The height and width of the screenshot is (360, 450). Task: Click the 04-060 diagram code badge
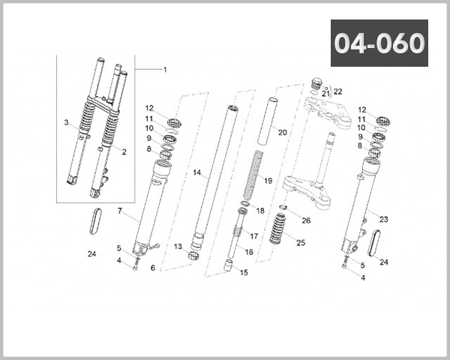[x=379, y=43]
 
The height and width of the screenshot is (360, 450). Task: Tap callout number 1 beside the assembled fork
[x=165, y=69]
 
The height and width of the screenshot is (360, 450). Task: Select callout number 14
[x=197, y=173]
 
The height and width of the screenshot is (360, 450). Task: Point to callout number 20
[x=283, y=133]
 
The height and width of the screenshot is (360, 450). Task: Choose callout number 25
[x=301, y=242]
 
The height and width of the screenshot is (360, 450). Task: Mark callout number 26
[x=305, y=220]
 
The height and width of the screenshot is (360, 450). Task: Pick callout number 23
[x=383, y=220]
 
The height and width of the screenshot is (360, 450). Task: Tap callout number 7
[x=119, y=211]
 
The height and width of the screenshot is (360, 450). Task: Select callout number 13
[x=178, y=247]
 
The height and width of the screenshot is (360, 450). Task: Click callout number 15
[x=243, y=272]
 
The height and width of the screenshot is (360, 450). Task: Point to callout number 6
[x=152, y=268]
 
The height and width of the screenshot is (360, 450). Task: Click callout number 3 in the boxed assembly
[x=66, y=122]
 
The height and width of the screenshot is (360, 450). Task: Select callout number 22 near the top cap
[x=337, y=91]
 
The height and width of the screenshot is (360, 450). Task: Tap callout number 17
[x=253, y=236]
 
